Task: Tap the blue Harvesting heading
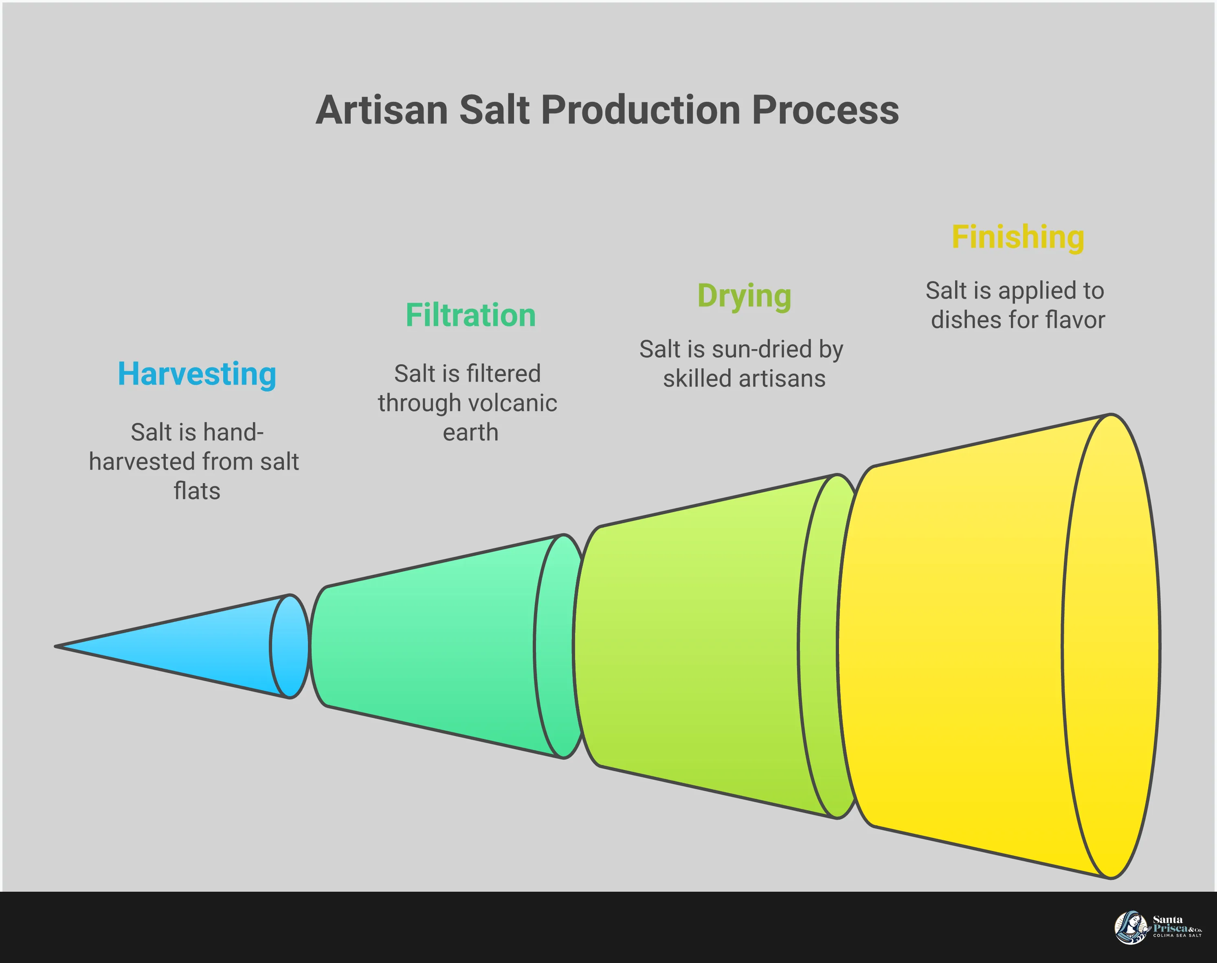tap(197, 374)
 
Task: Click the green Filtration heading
tap(470, 315)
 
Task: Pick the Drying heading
tap(744, 296)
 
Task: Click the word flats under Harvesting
tap(197, 491)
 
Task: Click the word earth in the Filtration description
tap(470, 433)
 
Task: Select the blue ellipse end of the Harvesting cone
tap(290, 646)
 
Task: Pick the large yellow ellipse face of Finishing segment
tap(1110, 646)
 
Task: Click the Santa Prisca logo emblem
tap(1130, 928)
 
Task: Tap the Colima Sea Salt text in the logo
tap(1177, 935)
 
